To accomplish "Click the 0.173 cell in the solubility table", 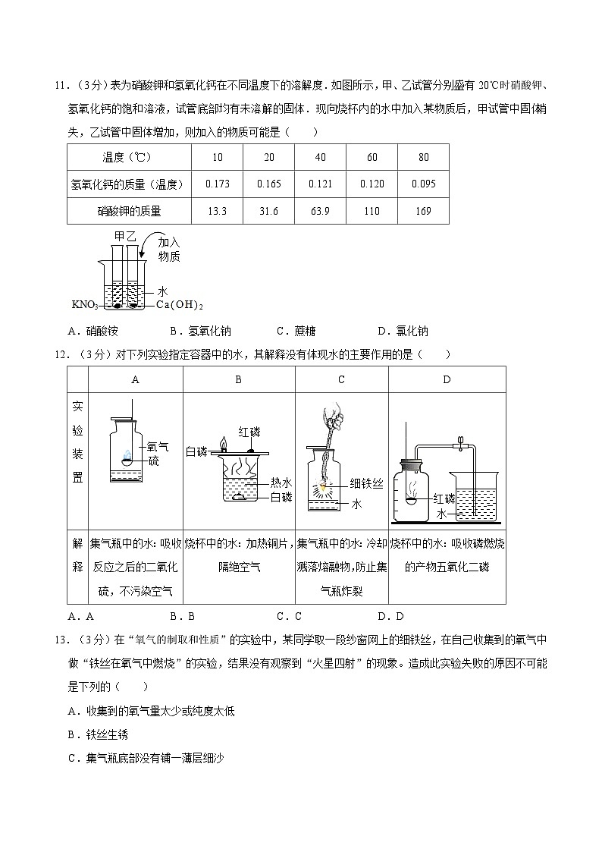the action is (217, 184).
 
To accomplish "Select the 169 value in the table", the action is (423, 211).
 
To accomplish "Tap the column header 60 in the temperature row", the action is (372, 157).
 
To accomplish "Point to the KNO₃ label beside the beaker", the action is (86, 305).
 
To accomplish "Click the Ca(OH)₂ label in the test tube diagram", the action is (180, 305).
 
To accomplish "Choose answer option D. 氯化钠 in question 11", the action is (403, 331).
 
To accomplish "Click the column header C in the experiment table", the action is (341, 379).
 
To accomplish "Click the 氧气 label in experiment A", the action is (158, 447).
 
